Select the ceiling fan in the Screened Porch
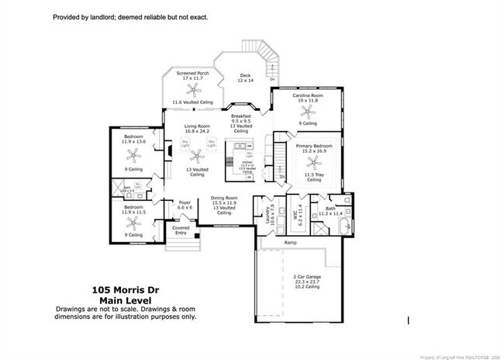click(x=192, y=91)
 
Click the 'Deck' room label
click(x=244, y=75)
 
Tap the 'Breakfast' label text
click(x=242, y=116)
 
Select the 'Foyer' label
click(x=185, y=203)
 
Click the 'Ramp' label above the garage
click(x=290, y=243)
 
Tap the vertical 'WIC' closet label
click(x=295, y=213)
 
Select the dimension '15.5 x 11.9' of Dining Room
click(x=224, y=202)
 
